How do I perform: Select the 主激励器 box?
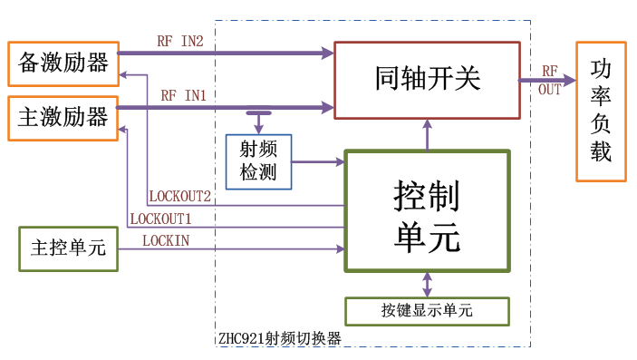[x=63, y=117]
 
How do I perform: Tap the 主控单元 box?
[x=68, y=248]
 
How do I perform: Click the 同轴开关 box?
[x=427, y=80]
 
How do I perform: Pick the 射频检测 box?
[x=258, y=161]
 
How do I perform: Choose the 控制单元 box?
[x=427, y=210]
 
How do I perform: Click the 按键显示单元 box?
[x=427, y=311]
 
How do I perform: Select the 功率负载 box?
[x=601, y=111]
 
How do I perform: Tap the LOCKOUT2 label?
[x=179, y=196]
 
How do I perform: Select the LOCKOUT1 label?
[x=160, y=219]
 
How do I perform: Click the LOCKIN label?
[x=166, y=239]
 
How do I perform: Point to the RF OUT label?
[x=550, y=80]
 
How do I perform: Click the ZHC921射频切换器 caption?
[x=279, y=338]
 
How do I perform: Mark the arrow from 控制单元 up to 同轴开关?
[x=427, y=134]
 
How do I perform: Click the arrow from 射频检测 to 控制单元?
[x=318, y=162]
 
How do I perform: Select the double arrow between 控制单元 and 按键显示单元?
[x=427, y=284]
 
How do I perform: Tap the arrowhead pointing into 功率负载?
[x=568, y=80]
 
